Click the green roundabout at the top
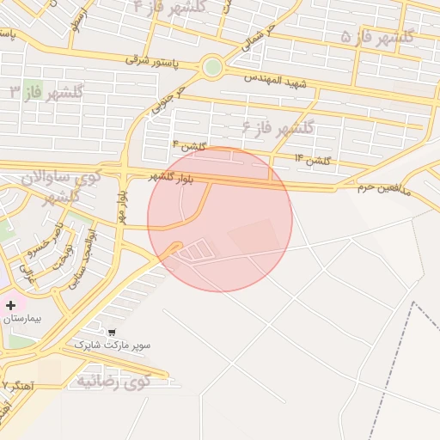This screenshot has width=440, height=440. pyautogui.click(x=211, y=66)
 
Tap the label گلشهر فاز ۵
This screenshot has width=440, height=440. pyautogui.click(x=377, y=36)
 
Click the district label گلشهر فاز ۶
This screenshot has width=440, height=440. pyautogui.click(x=279, y=129)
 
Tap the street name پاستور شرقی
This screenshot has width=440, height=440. pyautogui.click(x=150, y=59)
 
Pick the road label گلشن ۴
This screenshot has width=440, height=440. pyautogui.click(x=188, y=145)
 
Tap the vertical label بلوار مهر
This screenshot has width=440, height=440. pyautogui.click(x=122, y=207)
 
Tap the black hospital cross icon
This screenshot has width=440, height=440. pyautogui.click(x=11, y=304)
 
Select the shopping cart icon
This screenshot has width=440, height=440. pyautogui.click(x=112, y=332)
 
